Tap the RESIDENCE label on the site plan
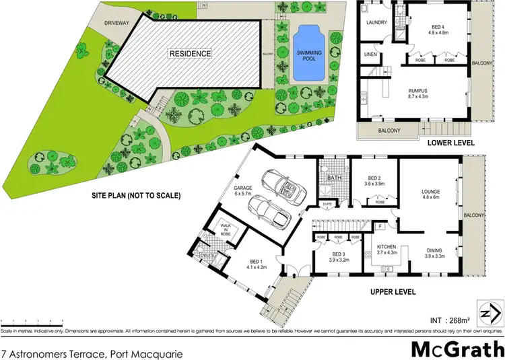[x=190, y=53]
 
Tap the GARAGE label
[x=243, y=188]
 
